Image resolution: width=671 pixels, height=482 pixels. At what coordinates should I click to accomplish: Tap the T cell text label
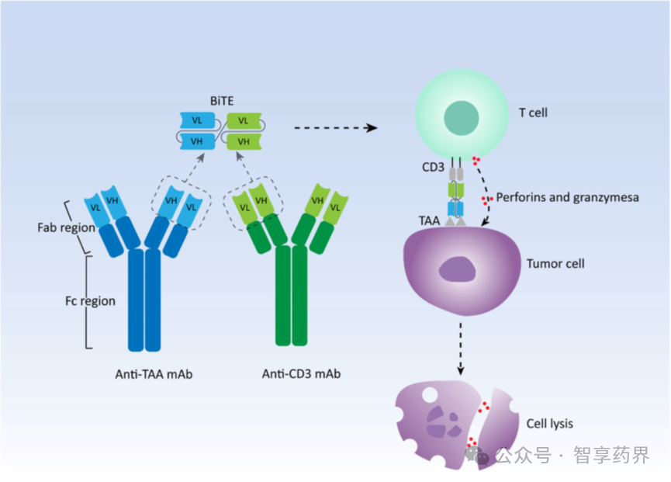[x=533, y=113]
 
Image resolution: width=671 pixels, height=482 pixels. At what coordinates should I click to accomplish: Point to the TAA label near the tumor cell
[x=429, y=221]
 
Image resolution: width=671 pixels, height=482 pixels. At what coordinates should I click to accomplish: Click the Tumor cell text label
[x=555, y=264]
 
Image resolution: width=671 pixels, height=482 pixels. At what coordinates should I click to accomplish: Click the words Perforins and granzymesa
[x=568, y=198]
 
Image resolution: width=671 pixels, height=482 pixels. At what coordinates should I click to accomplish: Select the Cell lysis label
[x=550, y=424]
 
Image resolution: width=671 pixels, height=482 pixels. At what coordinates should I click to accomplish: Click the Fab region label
[x=66, y=228]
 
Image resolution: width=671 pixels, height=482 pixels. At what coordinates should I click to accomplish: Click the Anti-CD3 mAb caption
[x=301, y=374]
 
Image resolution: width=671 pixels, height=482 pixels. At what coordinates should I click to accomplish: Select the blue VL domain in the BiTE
[x=197, y=121]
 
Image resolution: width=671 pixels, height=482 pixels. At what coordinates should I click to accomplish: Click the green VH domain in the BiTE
[x=244, y=141]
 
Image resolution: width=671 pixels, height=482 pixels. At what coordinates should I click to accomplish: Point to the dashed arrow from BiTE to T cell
[x=334, y=128]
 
